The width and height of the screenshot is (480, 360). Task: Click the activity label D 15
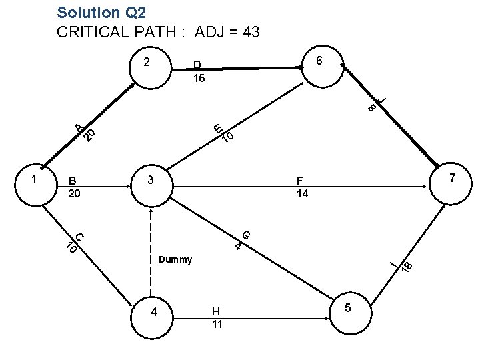pyautogui.click(x=198, y=72)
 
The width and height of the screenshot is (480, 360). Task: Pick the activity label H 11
pyautogui.click(x=217, y=317)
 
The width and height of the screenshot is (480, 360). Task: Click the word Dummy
pyautogui.click(x=175, y=259)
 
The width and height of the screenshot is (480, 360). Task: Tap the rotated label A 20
pyautogui.click(x=85, y=131)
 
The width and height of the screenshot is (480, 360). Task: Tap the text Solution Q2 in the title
pyautogui.click(x=101, y=13)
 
